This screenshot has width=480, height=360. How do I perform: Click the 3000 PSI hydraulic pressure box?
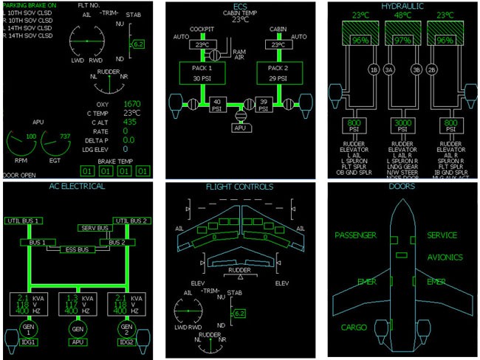(x=402, y=124)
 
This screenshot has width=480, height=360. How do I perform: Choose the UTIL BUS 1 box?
(x=23, y=221)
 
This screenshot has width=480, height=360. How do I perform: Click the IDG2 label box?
(x=126, y=343)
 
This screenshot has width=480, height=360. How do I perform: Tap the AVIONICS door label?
(x=445, y=257)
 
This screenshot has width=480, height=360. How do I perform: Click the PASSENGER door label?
(x=355, y=235)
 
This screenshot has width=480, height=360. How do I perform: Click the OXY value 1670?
(x=132, y=104)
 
